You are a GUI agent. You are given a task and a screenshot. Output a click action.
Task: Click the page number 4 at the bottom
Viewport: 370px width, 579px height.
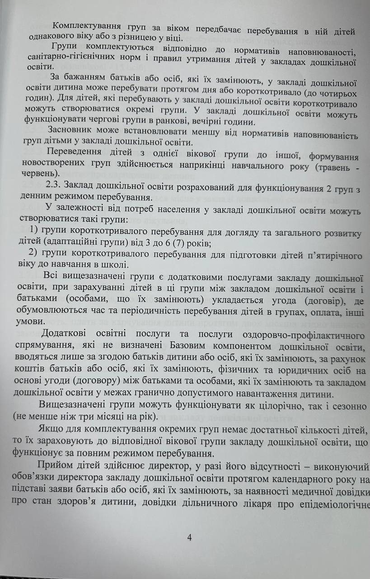pyautogui.click(x=189, y=538)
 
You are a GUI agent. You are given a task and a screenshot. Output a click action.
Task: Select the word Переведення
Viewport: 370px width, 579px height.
pyautogui.click(x=75, y=151)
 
